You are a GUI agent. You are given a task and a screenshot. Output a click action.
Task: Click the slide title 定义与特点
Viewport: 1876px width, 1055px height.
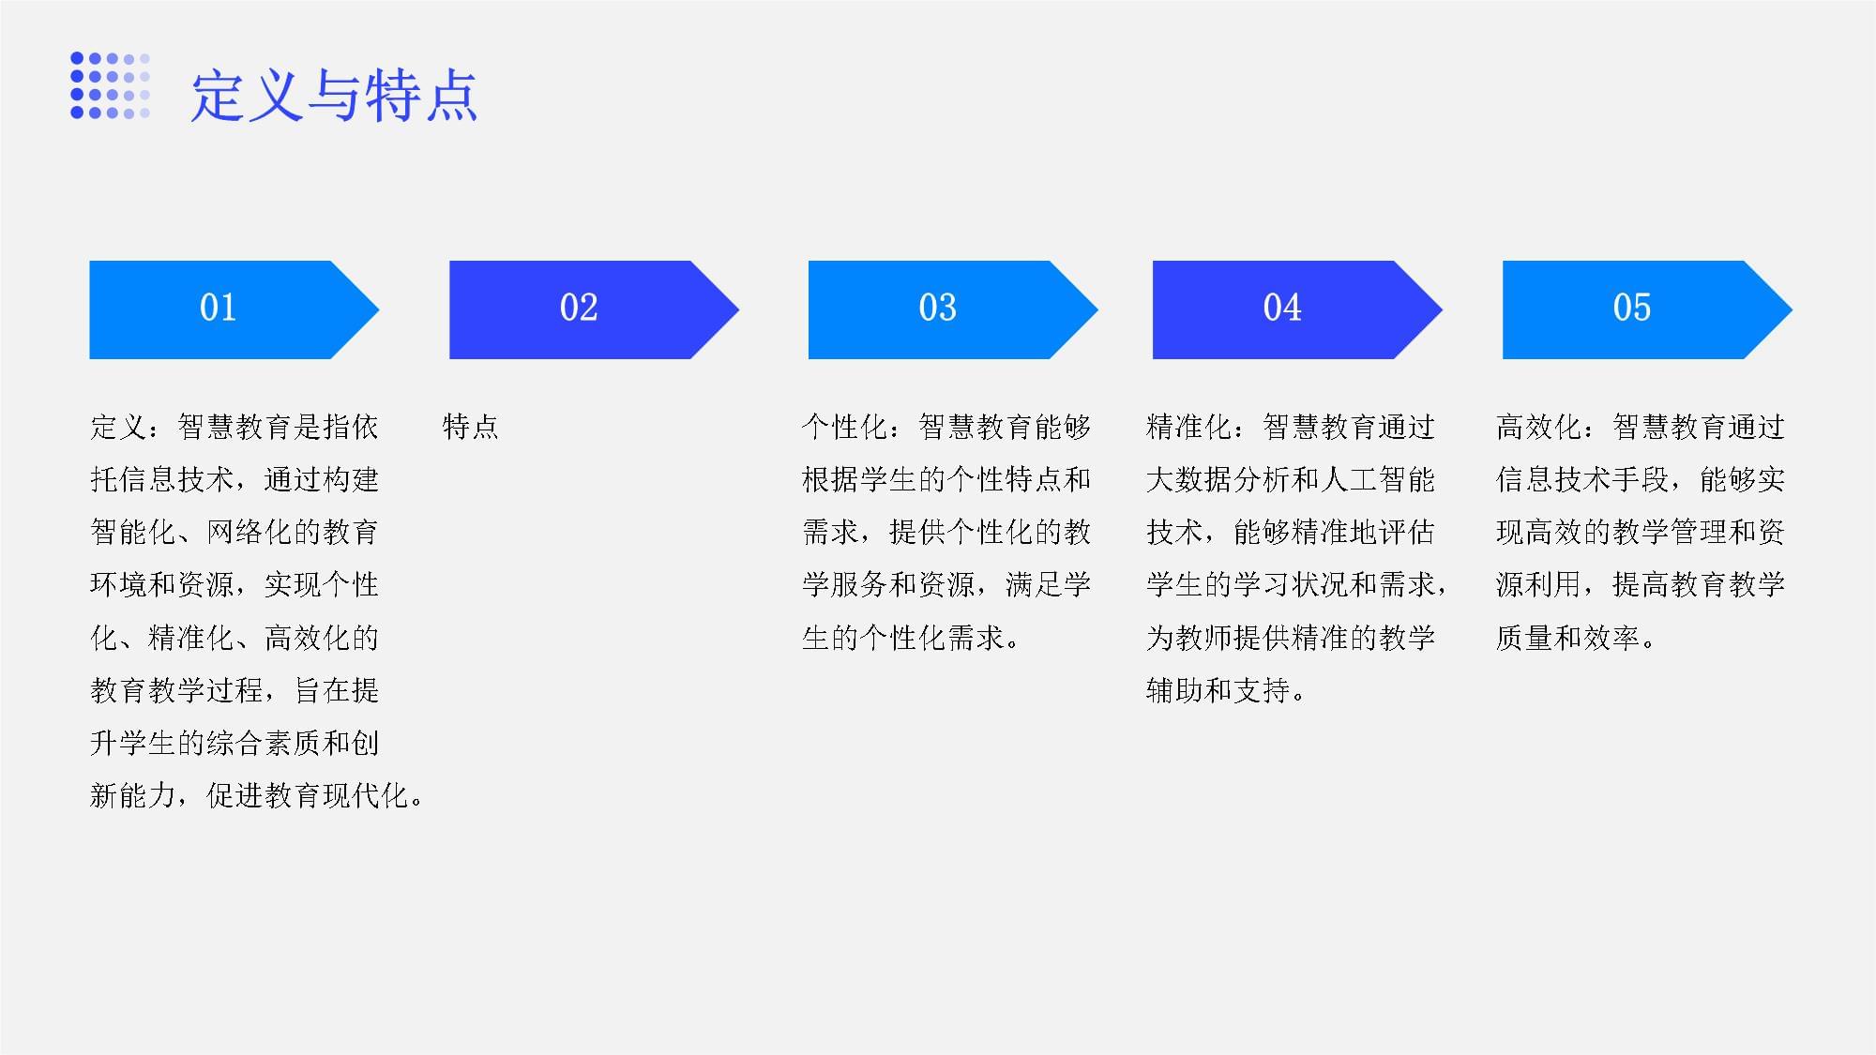(x=334, y=96)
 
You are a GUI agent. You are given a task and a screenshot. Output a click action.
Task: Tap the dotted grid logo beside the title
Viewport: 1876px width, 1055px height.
(x=111, y=85)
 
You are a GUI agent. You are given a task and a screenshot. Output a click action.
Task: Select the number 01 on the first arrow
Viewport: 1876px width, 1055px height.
(x=218, y=308)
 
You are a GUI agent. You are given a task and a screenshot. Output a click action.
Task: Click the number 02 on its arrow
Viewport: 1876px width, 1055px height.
(x=578, y=308)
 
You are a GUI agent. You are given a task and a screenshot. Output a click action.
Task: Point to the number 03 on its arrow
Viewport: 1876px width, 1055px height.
(x=937, y=308)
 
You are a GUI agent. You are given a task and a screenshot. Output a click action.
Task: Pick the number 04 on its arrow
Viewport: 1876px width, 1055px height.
(x=1281, y=308)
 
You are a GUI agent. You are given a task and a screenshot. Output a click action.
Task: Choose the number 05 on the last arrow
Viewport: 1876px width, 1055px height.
(x=1631, y=308)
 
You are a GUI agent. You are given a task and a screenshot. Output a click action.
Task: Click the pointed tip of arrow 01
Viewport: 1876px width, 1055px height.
(x=379, y=309)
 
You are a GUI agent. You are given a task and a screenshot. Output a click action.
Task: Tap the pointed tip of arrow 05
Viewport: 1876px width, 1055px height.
(x=1792, y=309)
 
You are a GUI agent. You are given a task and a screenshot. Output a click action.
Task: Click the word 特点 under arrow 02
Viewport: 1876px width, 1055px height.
(x=471, y=427)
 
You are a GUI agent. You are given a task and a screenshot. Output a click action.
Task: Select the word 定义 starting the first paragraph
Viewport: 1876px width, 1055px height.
(x=119, y=427)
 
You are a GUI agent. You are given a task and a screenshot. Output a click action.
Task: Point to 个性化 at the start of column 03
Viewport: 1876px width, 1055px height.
(x=845, y=427)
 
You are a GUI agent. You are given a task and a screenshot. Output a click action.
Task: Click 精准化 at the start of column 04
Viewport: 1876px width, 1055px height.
(x=1189, y=427)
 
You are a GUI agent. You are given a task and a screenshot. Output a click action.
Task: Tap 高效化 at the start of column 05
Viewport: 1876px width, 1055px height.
(x=1539, y=427)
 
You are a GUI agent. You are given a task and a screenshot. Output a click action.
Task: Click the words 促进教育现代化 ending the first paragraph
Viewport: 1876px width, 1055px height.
(x=307, y=795)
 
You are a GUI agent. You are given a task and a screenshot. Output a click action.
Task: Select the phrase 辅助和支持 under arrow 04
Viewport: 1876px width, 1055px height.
(x=1218, y=690)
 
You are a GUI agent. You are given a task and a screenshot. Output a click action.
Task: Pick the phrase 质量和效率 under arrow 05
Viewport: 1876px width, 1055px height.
(x=1568, y=638)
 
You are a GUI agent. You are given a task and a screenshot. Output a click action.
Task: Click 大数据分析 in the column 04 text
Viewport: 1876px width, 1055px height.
(x=1218, y=479)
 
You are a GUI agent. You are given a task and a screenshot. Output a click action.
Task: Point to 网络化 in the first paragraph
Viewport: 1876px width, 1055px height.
(x=250, y=532)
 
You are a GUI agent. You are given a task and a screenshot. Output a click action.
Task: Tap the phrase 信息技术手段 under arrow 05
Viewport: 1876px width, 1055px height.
(x=1583, y=479)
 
